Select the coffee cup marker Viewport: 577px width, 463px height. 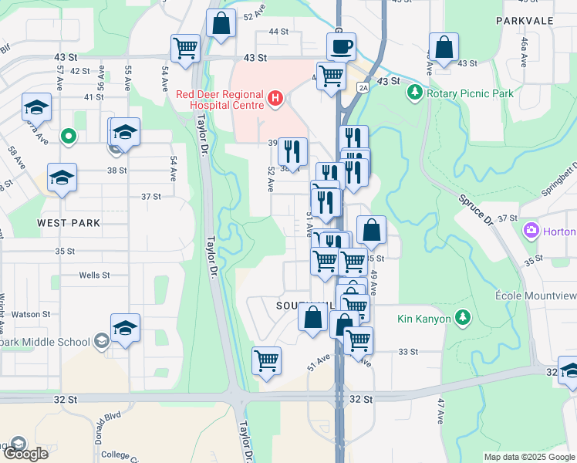pos(340,47)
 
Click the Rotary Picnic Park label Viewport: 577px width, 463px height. pos(469,93)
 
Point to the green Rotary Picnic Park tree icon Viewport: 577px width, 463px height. pos(415,93)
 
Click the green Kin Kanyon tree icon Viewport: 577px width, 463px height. pos(462,317)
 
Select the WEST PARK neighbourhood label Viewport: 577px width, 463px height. pos(69,223)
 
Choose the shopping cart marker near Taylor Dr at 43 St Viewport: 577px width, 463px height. pos(186,48)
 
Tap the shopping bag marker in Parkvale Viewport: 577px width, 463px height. pos(444,48)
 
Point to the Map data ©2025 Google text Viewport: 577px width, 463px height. pos(528,457)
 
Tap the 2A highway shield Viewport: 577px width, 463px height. pos(363,88)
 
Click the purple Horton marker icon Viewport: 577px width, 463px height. pos(531,231)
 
